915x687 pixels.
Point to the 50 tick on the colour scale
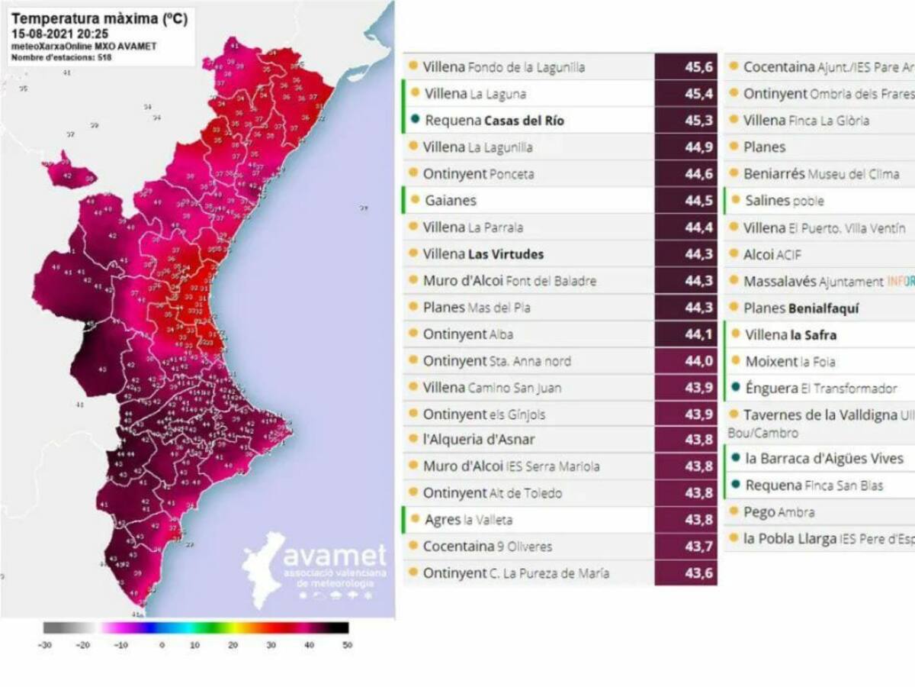(347, 645)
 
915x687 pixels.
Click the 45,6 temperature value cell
(685, 67)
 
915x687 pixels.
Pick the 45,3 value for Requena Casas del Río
(685, 121)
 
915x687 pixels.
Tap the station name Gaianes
(451, 201)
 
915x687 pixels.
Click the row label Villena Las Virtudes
(483, 254)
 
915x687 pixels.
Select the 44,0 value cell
(685, 361)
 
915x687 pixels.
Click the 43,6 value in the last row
(685, 573)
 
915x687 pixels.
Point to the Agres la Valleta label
(468, 520)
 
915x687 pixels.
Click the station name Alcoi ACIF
(772, 254)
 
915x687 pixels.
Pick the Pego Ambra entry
(779, 512)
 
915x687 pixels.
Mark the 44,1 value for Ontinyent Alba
(685, 334)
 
